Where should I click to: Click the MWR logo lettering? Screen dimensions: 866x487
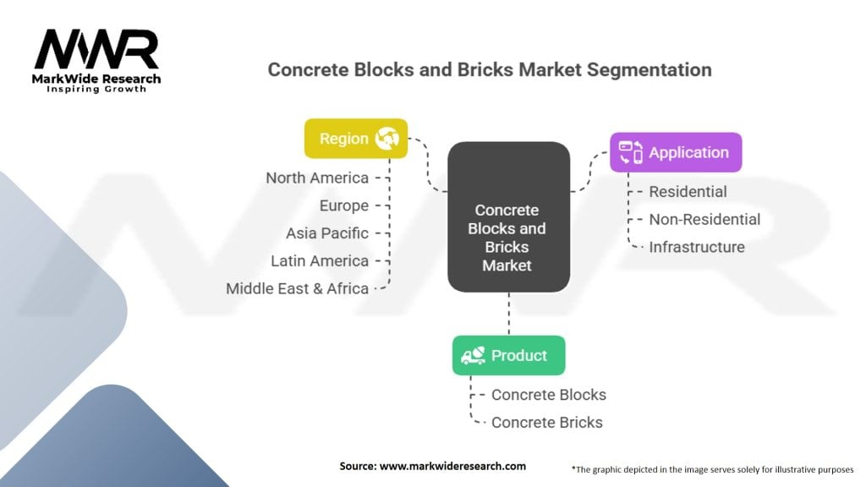pyautogui.click(x=96, y=49)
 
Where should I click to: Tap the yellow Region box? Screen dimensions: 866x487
pyautogui.click(x=356, y=139)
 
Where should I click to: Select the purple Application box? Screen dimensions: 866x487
pyautogui.click(x=676, y=152)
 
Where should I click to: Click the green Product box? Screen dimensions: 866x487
pyautogui.click(x=508, y=356)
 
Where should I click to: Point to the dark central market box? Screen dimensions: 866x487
pyautogui.click(x=508, y=217)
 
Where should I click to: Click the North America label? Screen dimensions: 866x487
pyautogui.click(x=317, y=178)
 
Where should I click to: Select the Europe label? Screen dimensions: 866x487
pyautogui.click(x=344, y=205)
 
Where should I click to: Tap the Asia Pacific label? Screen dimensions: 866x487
pyautogui.click(x=327, y=233)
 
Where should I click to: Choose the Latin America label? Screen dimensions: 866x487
pyautogui.click(x=320, y=260)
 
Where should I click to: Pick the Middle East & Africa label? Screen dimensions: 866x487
pyautogui.click(x=297, y=288)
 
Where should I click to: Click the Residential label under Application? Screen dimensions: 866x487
pyautogui.click(x=688, y=192)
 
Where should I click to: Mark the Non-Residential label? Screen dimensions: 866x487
pyautogui.click(x=704, y=219)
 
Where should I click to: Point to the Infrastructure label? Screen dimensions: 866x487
pyautogui.click(x=697, y=247)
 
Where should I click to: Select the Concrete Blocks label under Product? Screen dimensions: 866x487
pyautogui.click(x=548, y=395)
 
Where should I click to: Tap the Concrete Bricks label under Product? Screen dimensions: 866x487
pyautogui.click(x=547, y=423)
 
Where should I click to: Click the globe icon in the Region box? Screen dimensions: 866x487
pyautogui.click(x=386, y=138)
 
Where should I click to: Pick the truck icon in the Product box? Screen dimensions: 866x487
pyautogui.click(x=474, y=356)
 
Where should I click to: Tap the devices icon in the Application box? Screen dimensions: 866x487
pyautogui.click(x=631, y=152)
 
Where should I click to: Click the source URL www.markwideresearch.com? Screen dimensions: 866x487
pyautogui.click(x=452, y=466)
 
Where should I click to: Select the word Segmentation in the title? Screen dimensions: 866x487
pyautogui.click(x=649, y=70)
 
